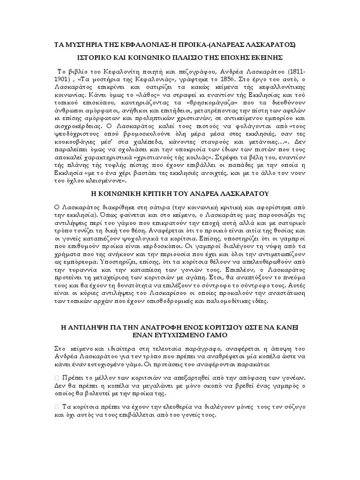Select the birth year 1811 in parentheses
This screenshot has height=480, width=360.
tap(293, 72)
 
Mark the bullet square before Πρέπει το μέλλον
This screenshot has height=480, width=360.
tap(58, 378)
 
